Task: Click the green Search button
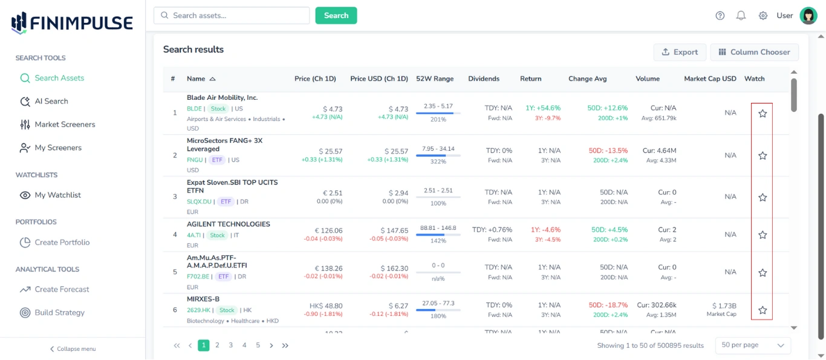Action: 336,16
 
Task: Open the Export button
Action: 680,52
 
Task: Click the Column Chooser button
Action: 754,52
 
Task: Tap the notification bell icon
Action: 741,16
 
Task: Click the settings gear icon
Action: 763,16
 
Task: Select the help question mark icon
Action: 720,16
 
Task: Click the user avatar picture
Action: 808,16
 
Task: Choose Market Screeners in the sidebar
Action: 65,124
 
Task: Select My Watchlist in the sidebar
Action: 57,195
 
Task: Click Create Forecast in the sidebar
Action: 62,289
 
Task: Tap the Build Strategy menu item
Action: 59,312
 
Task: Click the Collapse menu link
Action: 73,349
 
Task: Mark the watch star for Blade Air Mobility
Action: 763,113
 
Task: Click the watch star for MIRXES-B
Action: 763,310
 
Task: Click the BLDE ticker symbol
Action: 194,109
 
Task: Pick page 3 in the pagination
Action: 230,345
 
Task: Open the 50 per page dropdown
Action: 752,345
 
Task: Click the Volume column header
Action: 647,79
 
